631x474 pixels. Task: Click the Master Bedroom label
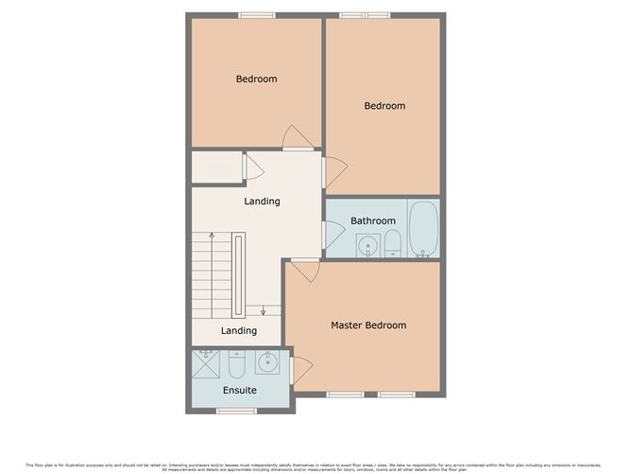coord(368,325)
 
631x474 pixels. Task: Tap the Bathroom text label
coord(373,221)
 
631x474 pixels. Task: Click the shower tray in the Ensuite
coord(206,363)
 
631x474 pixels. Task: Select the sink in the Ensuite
coord(268,362)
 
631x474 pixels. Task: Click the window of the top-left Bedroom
coord(256,14)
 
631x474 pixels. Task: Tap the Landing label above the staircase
coord(262,202)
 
